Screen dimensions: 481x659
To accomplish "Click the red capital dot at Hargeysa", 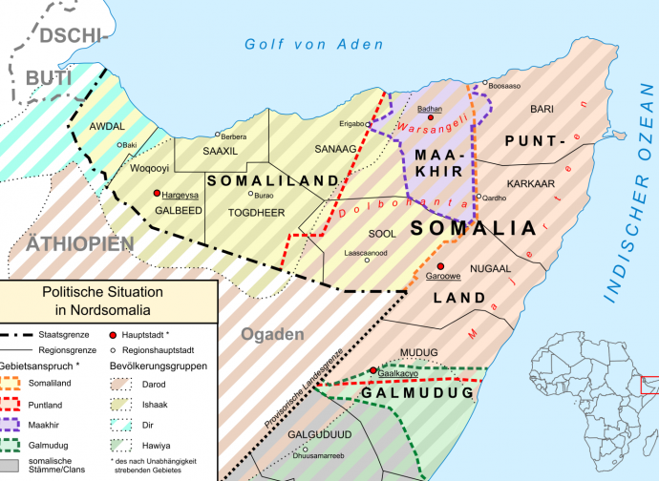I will pyautogui.click(x=158, y=193).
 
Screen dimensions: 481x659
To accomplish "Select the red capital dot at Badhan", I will pyautogui.click(x=431, y=118).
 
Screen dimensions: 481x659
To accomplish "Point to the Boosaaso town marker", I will pyautogui.click(x=485, y=84).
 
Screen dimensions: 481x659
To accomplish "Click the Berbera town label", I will pyautogui.click(x=234, y=136).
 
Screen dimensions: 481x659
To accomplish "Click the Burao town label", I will pyautogui.click(x=264, y=168).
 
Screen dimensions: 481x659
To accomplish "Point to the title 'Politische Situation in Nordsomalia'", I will pyautogui.click(x=107, y=301).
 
